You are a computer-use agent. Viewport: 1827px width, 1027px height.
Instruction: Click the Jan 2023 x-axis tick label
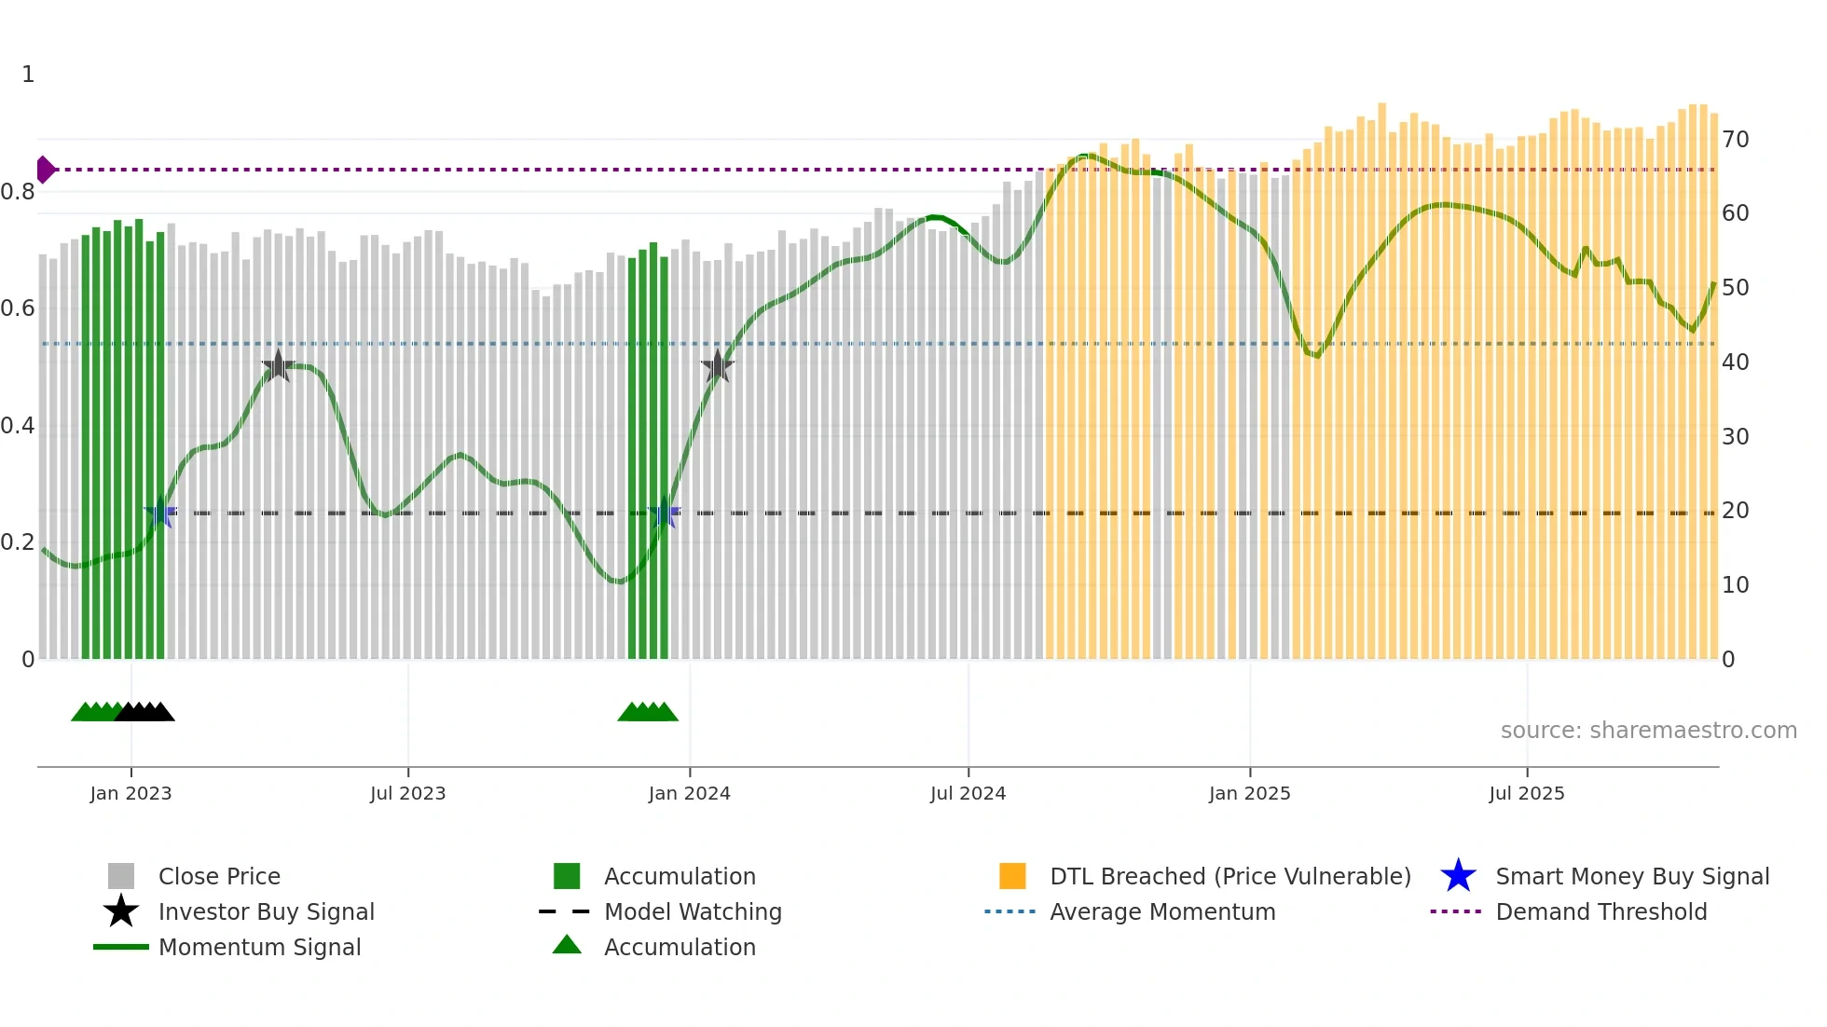[130, 793]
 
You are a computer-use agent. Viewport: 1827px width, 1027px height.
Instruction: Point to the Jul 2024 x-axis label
[968, 793]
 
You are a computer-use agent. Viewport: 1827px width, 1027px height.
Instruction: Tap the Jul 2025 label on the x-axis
[1526, 793]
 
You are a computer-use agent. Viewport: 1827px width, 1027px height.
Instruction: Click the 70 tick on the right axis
[1735, 140]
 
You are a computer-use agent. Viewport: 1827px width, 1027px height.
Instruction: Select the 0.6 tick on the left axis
[18, 308]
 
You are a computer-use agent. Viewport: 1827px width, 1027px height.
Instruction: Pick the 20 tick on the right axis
[1735, 511]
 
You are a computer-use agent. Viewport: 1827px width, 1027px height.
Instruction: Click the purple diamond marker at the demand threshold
[45, 170]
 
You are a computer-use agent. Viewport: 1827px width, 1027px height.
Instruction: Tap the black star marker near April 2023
[278, 366]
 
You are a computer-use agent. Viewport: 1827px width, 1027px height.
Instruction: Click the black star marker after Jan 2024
[717, 366]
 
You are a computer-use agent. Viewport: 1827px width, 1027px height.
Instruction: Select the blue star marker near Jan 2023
[160, 513]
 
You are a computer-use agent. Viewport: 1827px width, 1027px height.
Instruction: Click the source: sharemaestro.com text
[1648, 731]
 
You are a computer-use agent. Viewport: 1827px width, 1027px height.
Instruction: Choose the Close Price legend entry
[219, 876]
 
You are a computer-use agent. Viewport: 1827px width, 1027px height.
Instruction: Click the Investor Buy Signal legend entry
[266, 911]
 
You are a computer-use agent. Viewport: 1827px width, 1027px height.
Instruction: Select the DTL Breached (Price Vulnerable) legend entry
[1229, 876]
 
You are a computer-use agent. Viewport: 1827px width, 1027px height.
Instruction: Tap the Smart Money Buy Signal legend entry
[1631, 876]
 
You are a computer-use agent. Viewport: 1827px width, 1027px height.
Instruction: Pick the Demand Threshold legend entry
[1600, 911]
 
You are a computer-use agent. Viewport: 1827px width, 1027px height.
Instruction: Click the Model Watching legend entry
[692, 911]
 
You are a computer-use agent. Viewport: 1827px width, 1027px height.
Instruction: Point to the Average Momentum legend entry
[1161, 911]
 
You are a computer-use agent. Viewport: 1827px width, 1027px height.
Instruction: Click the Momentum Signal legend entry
[259, 947]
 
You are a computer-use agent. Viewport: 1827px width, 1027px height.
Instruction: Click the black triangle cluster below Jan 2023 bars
[145, 712]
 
